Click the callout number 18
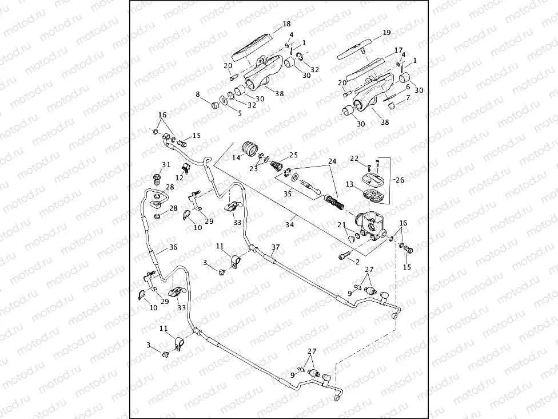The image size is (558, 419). click(x=287, y=24)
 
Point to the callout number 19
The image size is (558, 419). click(x=386, y=33)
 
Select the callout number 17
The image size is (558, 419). click(x=398, y=50)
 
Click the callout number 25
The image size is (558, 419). click(x=293, y=155)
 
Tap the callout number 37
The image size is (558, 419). click(x=276, y=247)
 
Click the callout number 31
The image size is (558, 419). click(x=166, y=165)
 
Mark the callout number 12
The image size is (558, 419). click(x=180, y=178)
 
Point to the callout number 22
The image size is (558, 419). click(x=354, y=158)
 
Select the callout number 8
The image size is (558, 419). click(x=198, y=94)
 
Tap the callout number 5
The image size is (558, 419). click(x=240, y=113)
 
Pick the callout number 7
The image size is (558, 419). click(x=408, y=98)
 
